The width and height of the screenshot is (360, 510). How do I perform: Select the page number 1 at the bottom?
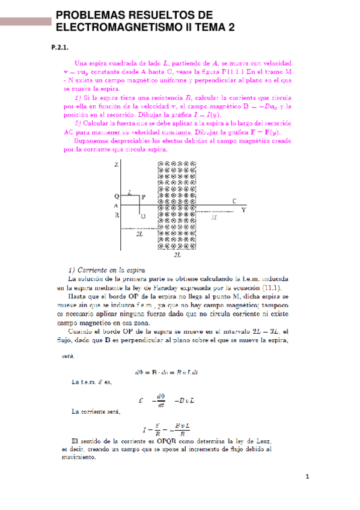click(x=307, y=478)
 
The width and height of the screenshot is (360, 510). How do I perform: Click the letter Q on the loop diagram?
click(x=116, y=196)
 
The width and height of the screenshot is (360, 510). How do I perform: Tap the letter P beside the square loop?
click(x=144, y=197)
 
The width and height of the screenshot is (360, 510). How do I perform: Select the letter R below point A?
click(x=116, y=215)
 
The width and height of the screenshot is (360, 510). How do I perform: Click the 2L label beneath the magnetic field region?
click(x=177, y=255)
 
